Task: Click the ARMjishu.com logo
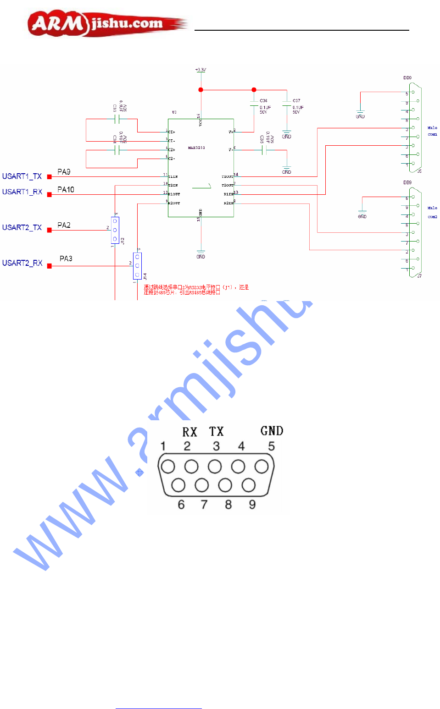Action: pyautogui.click(x=108, y=24)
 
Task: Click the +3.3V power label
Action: pyautogui.click(x=201, y=70)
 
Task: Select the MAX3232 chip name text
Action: pyautogui.click(x=196, y=148)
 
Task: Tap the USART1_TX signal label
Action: pyautogui.click(x=22, y=176)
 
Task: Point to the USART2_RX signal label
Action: pyautogui.click(x=22, y=263)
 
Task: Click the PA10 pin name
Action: pyautogui.click(x=66, y=190)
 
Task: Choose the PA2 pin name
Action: pyautogui.click(x=64, y=225)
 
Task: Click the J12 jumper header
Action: pyautogui.click(x=115, y=230)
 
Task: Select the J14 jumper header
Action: pyautogui.click(x=137, y=266)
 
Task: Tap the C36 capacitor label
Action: pyautogui.click(x=263, y=101)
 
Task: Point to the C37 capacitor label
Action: pyautogui.click(x=296, y=101)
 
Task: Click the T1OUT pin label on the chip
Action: pyautogui.click(x=227, y=176)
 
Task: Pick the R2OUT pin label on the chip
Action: pyautogui.click(x=174, y=203)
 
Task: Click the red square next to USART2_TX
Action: pyautogui.click(x=49, y=230)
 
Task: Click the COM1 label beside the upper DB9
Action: pyautogui.click(x=432, y=135)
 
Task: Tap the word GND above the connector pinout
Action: pyautogui.click(x=272, y=431)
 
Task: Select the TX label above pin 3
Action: pyautogui.click(x=216, y=432)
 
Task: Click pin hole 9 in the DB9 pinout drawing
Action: pyautogui.click(x=249, y=485)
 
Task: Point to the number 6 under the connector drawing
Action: pyautogui.click(x=181, y=505)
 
